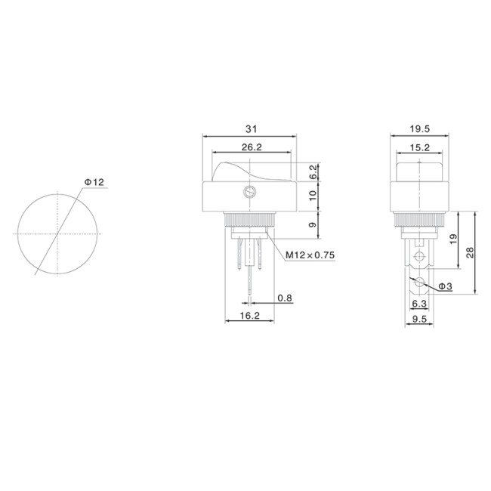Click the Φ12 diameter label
point(94,182)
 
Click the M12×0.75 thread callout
point(310,255)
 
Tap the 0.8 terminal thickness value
point(285,298)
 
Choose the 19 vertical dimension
point(452,239)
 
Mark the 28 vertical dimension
point(470,252)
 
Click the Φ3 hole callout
point(444,286)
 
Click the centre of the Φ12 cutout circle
point(57,234)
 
